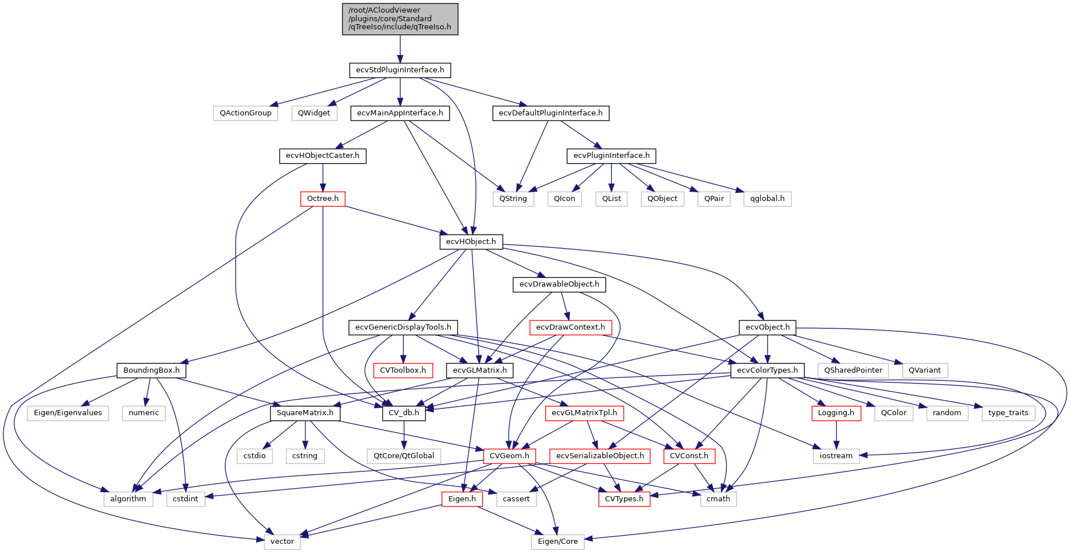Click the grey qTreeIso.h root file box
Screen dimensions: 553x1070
(x=400, y=19)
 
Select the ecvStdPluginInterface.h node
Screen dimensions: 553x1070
(x=400, y=70)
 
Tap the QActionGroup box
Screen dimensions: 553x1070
(x=245, y=113)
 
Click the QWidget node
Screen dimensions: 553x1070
(x=314, y=113)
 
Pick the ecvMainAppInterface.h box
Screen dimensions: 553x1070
(x=400, y=113)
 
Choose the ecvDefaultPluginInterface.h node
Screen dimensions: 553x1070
(x=550, y=113)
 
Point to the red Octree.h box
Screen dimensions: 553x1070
(x=323, y=199)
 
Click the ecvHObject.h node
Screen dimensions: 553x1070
(x=471, y=242)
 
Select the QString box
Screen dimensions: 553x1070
(x=513, y=199)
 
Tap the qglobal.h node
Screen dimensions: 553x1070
(x=767, y=199)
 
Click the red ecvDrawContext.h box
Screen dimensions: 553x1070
(x=570, y=327)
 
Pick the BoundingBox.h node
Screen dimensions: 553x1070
(x=152, y=370)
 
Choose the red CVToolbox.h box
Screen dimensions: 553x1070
(x=403, y=370)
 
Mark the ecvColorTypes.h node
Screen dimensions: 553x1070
(x=767, y=370)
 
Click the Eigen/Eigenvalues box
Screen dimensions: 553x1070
(x=68, y=413)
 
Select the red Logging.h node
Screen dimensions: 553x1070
(x=836, y=413)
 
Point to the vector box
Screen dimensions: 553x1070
(x=282, y=542)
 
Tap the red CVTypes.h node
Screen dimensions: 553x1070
(x=624, y=499)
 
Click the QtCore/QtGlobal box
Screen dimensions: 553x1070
(x=404, y=456)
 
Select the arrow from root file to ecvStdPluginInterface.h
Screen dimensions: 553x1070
(x=400, y=49)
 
